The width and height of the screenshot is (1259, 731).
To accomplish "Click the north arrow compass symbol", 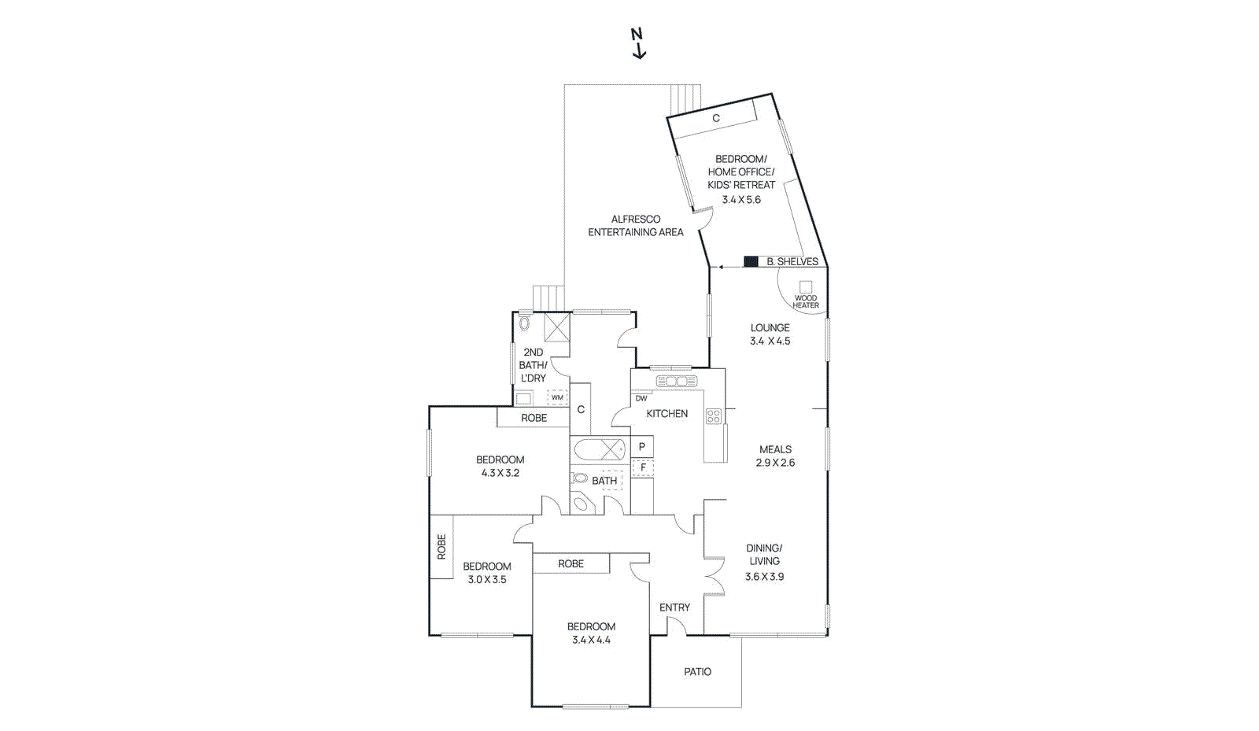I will coord(638,43).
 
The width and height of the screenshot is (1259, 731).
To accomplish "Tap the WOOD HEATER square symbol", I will coord(805,287).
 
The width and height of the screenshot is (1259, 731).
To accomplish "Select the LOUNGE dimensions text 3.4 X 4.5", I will coord(770,341).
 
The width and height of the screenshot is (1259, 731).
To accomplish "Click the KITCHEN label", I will coord(666,413).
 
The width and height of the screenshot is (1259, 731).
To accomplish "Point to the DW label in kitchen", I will coord(641,398).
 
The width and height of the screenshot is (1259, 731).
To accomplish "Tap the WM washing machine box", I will coord(557,397).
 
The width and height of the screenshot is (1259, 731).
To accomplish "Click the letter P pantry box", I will coord(642,447).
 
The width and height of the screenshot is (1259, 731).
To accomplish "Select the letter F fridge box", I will coord(643,467).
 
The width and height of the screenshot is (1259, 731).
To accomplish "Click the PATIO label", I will coord(697,671).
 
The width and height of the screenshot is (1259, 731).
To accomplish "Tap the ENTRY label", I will coord(674,607).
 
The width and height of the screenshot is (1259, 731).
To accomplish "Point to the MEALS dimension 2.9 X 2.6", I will coord(775,463).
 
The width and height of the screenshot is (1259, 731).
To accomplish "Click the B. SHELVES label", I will coord(792,261).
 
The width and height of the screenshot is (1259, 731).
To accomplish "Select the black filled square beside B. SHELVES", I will coord(751,261).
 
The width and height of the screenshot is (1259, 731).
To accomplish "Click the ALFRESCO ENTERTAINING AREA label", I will coord(636,226).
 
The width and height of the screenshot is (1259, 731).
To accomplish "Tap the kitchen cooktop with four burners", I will coord(714,416).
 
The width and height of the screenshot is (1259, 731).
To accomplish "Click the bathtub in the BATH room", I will coord(599,450).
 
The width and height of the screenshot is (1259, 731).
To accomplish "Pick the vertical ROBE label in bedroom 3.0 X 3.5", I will coord(441,547).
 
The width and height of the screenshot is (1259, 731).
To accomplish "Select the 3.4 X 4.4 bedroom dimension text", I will coord(591,640).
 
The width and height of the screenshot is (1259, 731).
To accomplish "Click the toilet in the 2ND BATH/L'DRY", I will coord(525,323).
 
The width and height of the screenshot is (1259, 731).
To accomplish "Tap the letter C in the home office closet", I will coord(716,118).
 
